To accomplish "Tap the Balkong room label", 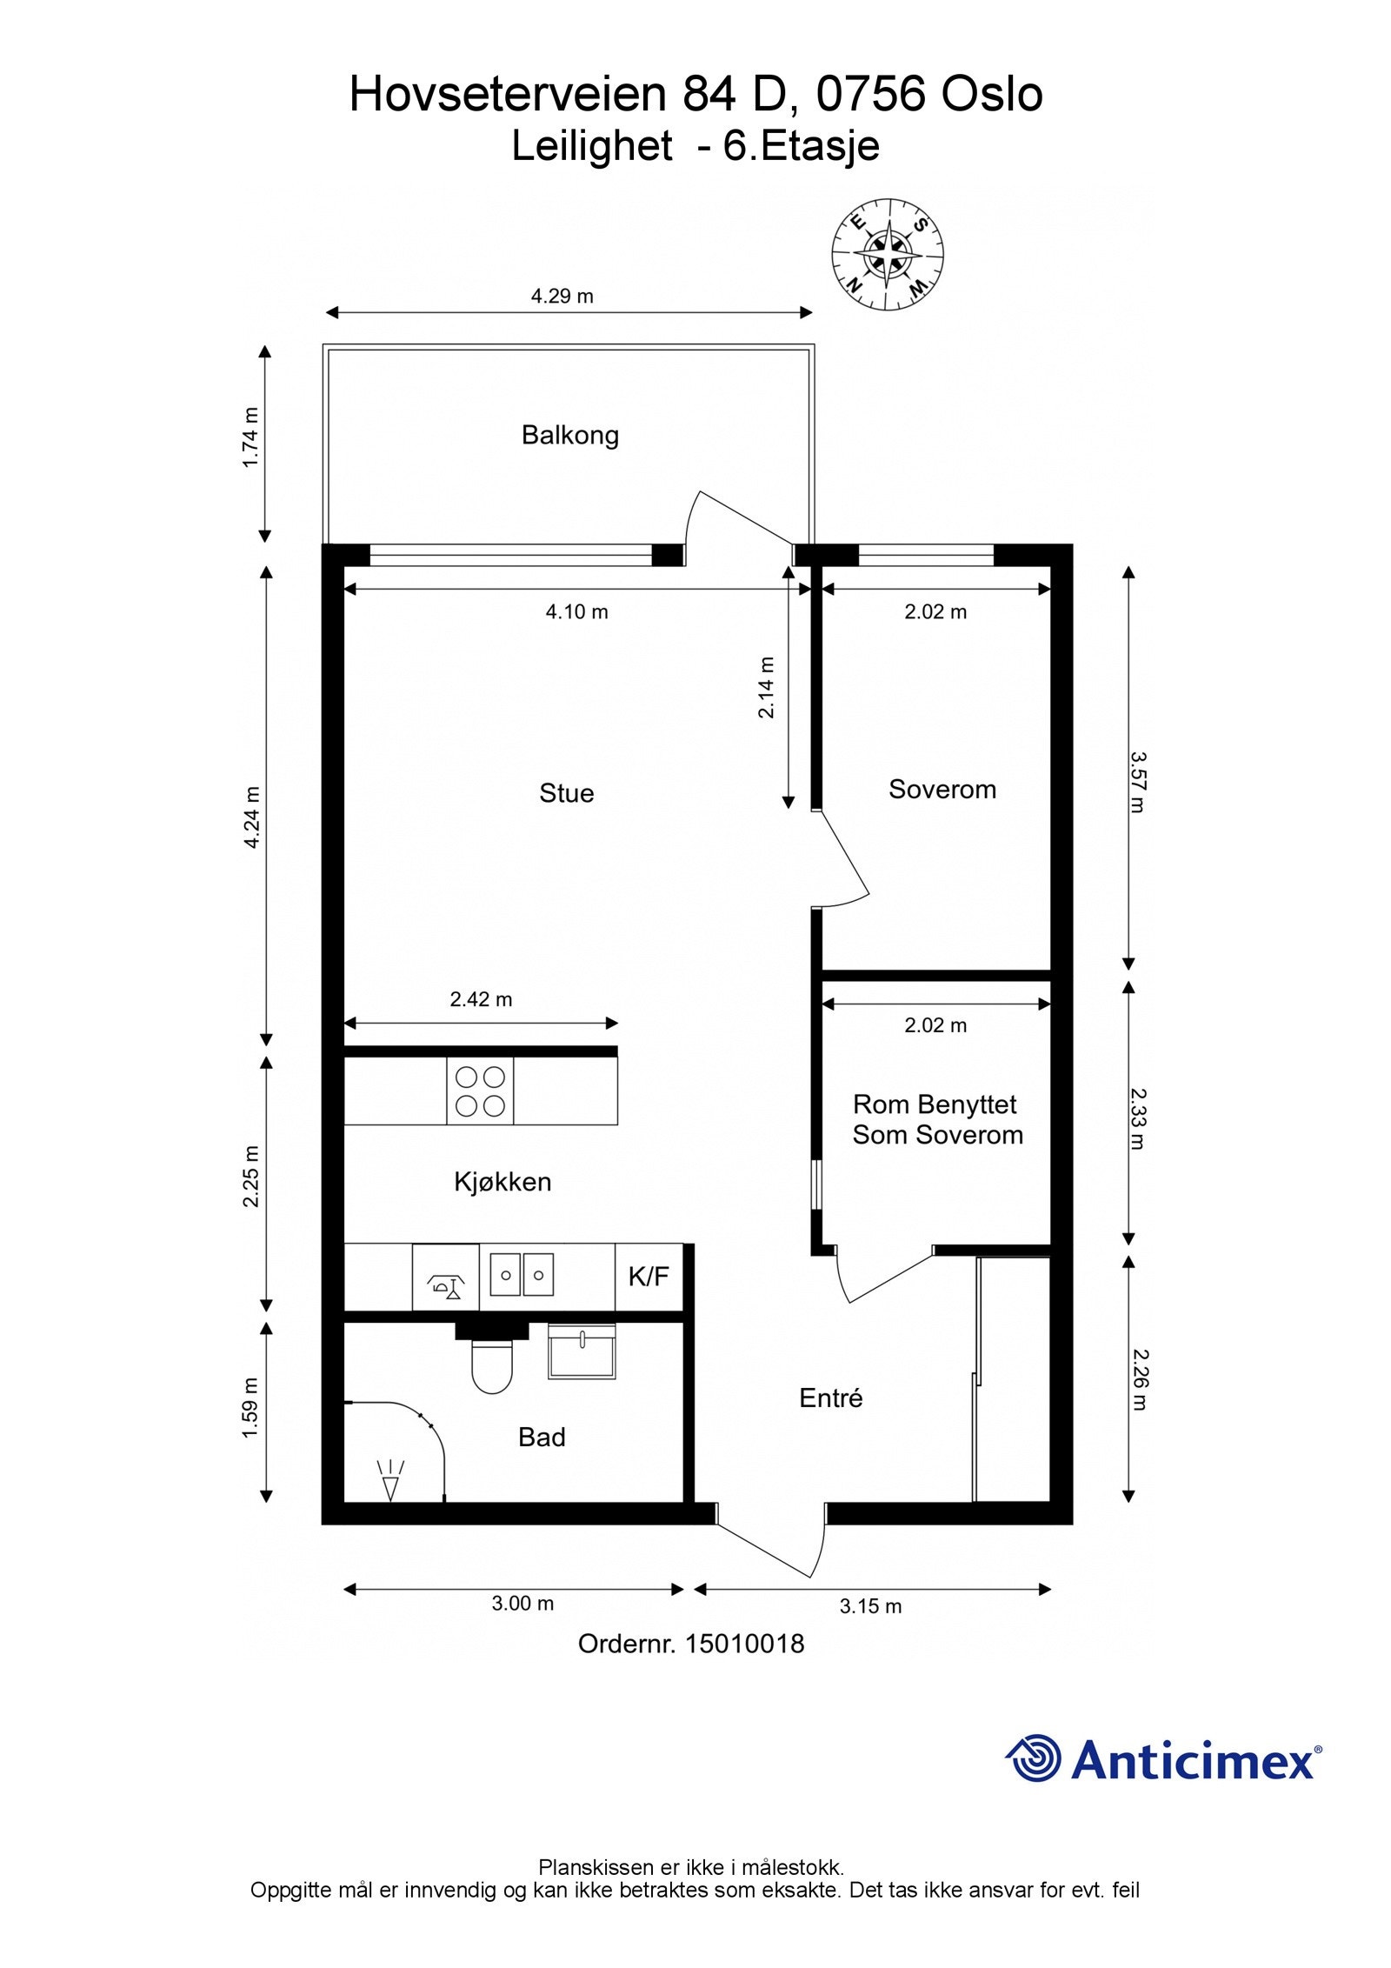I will (x=569, y=435).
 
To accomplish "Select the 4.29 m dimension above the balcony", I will (x=562, y=297).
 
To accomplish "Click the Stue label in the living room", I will (x=566, y=793).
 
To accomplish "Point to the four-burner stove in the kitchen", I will (x=480, y=1091).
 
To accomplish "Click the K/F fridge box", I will (x=649, y=1277).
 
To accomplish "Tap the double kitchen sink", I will (x=521, y=1275).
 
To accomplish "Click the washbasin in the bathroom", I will (x=581, y=1351).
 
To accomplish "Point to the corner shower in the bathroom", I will (x=391, y=1451).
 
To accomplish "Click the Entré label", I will (x=830, y=1398).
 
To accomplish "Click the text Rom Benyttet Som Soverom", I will (x=936, y=1119).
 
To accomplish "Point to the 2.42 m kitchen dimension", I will (x=481, y=1000).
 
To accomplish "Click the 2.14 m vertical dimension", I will (x=766, y=687).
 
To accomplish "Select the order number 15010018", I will (x=690, y=1644).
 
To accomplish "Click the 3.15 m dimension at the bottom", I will (x=870, y=1606).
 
